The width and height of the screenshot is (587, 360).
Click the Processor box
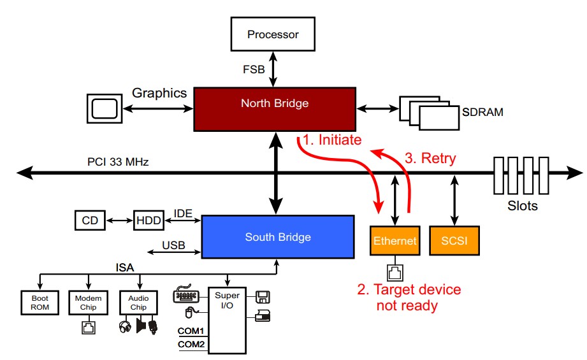coord(273,34)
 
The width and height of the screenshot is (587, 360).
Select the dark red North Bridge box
coord(274,103)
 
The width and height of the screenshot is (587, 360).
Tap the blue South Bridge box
coord(278,237)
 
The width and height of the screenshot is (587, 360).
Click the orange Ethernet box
coord(395,241)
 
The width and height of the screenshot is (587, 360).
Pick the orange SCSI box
coord(453,241)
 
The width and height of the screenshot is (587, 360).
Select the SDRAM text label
coord(482,112)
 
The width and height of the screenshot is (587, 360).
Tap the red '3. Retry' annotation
coord(430,158)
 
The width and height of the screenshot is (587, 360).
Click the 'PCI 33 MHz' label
coord(118,162)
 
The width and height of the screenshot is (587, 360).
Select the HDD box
coord(147,221)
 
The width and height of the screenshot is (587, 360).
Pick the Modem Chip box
coord(88,303)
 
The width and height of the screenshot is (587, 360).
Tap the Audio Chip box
coord(138,303)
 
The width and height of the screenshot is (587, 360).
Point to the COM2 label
coord(191,344)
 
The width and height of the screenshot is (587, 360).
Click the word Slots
coord(522,206)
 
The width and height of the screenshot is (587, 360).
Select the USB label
coord(173,245)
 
